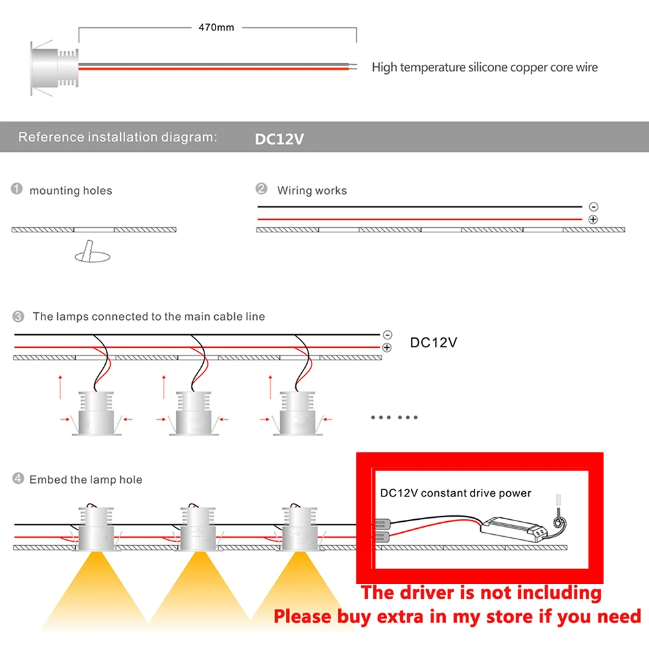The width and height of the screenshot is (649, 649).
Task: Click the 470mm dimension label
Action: click(216, 27)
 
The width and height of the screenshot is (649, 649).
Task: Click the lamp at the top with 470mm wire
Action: click(54, 68)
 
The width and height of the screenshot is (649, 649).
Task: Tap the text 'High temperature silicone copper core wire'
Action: click(485, 67)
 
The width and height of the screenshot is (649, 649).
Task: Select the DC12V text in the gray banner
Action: click(279, 139)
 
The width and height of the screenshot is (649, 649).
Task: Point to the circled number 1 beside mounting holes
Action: click(17, 189)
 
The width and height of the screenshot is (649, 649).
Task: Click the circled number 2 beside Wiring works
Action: click(261, 189)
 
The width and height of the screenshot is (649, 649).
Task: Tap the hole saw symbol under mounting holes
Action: click(92, 252)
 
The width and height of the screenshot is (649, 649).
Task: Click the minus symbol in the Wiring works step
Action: click(594, 206)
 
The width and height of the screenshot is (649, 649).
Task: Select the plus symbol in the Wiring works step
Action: click(593, 219)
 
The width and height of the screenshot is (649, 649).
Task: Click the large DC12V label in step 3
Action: click(434, 342)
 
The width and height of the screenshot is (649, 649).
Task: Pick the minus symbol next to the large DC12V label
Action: click(387, 334)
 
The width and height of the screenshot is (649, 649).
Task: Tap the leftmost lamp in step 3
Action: click(97, 413)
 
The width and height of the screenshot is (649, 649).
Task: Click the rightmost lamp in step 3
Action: click(298, 413)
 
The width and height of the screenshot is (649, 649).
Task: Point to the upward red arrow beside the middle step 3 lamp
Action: click(164, 387)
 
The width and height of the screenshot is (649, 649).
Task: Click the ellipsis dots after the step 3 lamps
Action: click(394, 417)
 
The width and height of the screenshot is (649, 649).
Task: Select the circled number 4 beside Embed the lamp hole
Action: click(18, 478)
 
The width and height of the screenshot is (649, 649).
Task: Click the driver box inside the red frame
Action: click(513, 529)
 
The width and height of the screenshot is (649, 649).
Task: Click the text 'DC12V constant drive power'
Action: click(456, 493)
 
